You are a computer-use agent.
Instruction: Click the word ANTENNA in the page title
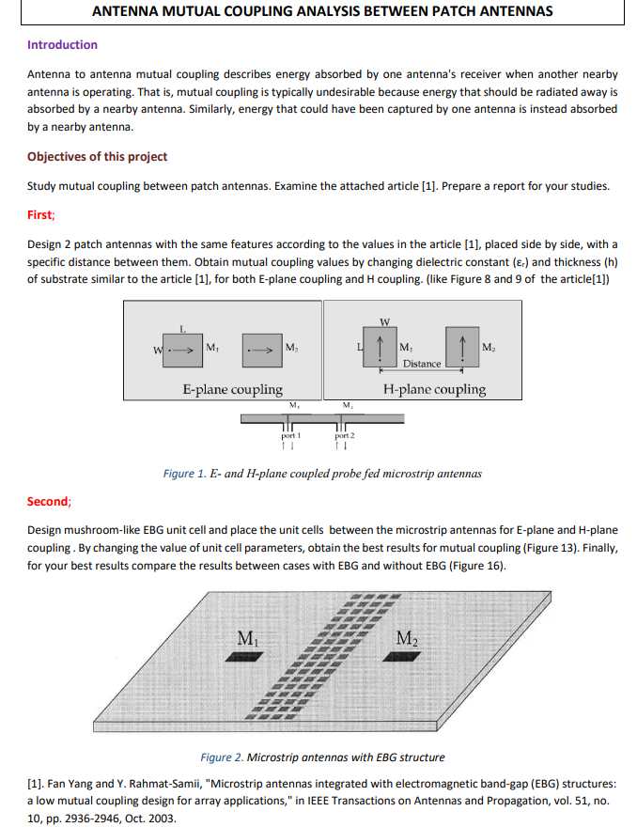coord(132,11)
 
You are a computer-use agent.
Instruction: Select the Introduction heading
coord(62,44)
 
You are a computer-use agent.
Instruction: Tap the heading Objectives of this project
coord(98,156)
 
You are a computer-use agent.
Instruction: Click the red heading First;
coord(41,214)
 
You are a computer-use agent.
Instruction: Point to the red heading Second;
coord(49,501)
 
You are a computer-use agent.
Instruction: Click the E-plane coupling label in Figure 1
coord(232,389)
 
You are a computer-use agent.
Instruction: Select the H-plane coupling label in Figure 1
coord(434,389)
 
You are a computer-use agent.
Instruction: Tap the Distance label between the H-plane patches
coord(422,364)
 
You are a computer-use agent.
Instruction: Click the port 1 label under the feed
coord(291,436)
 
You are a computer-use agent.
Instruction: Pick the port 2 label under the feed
coord(345,436)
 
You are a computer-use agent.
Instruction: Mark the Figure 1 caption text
coord(322,473)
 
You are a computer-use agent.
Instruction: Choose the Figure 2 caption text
coord(323,757)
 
